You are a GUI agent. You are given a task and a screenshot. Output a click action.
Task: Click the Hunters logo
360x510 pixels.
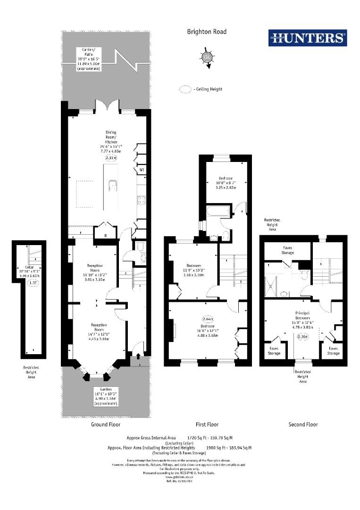point(307,38)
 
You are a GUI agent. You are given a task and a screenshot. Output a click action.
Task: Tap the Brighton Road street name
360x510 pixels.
point(207,32)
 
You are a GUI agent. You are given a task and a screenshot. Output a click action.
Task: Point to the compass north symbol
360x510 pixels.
point(206,58)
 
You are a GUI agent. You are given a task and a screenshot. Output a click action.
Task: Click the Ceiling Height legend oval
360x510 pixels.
point(185,89)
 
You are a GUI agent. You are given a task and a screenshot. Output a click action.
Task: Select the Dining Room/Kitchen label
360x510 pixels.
point(111,140)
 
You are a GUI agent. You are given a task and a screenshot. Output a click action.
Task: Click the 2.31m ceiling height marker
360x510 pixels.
point(110,158)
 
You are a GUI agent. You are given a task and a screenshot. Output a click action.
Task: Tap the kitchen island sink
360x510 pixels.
point(113,185)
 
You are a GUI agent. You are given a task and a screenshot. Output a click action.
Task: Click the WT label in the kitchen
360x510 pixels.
point(142,170)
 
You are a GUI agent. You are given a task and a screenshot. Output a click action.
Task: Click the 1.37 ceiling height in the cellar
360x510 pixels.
point(33,283)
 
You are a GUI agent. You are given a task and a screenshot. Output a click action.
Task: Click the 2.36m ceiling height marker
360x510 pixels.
point(302,337)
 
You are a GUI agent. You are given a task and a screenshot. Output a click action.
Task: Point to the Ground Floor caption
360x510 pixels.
point(106,425)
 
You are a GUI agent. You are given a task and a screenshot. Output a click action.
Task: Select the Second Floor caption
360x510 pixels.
point(303,425)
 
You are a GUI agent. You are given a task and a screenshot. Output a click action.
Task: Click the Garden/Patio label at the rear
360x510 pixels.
point(88,59)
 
